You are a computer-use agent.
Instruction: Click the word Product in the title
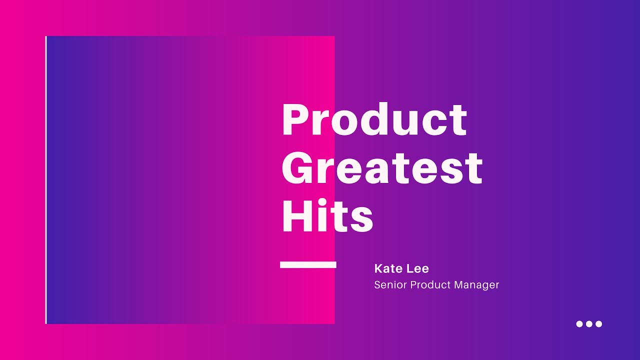tap(374, 120)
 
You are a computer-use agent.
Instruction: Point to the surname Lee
tap(418, 269)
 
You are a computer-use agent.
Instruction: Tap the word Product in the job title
tap(431, 285)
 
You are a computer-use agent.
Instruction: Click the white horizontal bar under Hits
tap(308, 264)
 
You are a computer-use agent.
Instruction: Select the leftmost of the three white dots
tap(579, 324)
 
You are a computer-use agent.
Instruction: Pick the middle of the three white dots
tap(589, 324)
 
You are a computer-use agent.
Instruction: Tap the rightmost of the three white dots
tap(598, 324)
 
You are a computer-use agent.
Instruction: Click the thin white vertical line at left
tap(46, 180)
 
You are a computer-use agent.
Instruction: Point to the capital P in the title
tap(293, 120)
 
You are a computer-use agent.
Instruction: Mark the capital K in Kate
tap(378, 269)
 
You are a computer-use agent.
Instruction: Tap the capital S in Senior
tap(377, 285)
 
